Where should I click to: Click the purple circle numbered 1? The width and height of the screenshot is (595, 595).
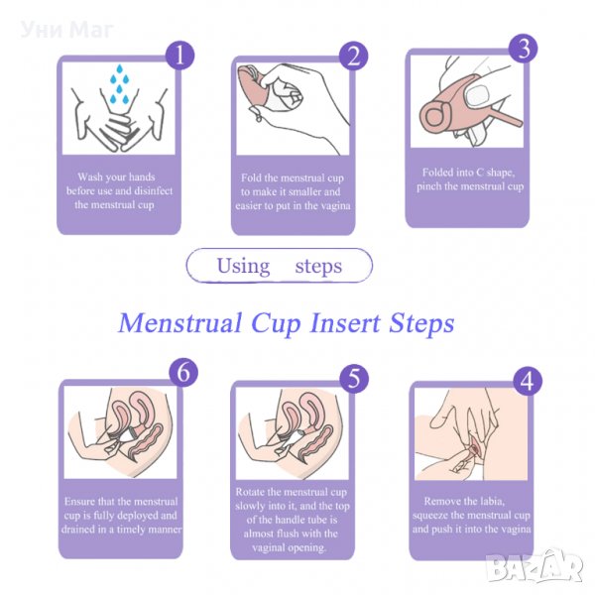coord(179,56)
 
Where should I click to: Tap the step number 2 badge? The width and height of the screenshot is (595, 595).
coord(353,56)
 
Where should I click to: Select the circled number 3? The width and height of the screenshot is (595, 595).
coord(524,49)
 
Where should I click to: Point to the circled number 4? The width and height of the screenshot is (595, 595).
coord(528,381)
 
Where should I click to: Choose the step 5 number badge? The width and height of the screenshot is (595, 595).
coord(354,379)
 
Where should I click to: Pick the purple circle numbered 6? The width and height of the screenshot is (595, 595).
coord(183,372)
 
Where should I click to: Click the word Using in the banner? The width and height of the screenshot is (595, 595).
coord(243,266)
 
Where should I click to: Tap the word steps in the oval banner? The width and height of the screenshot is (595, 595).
coord(318,267)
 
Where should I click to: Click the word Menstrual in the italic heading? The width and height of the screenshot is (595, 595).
coord(180,323)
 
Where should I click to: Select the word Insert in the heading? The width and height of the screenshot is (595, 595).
coord(345,323)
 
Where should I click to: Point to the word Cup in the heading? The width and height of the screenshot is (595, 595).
coord(276,324)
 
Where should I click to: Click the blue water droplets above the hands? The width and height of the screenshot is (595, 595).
coord(119,84)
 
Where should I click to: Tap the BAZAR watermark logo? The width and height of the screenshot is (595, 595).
coord(535,566)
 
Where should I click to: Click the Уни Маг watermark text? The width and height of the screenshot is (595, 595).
coord(66,30)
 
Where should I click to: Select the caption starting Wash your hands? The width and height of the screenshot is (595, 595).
coord(119,190)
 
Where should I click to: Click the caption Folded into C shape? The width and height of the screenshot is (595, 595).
coord(470,179)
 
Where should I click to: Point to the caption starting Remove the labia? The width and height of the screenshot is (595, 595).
coord(471,515)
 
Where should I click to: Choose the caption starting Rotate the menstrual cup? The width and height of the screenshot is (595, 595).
coord(292,520)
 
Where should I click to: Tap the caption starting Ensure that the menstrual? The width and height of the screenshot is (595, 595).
coord(121,516)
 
